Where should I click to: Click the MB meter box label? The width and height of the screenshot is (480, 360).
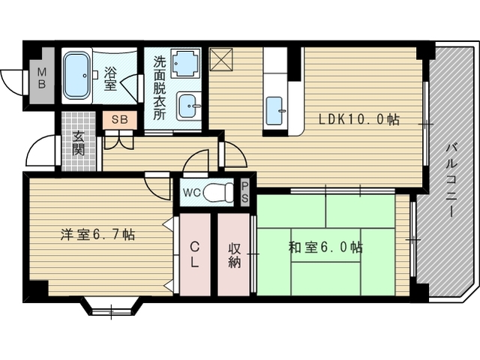click(42, 78)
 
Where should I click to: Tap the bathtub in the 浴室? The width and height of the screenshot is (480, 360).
click(76, 76)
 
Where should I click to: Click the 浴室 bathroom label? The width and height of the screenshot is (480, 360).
click(110, 79)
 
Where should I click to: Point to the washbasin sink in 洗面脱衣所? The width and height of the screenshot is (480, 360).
click(188, 106)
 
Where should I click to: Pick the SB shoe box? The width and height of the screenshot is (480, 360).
click(120, 120)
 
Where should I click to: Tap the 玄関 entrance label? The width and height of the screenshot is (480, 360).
click(78, 143)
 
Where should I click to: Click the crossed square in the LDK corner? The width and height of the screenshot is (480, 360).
click(221, 59)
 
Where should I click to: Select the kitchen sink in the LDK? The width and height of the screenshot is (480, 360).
click(274, 111)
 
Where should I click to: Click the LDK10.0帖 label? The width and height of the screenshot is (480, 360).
click(358, 119)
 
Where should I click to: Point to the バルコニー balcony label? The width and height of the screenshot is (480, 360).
click(451, 180)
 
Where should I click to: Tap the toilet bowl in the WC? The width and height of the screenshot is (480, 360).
click(218, 192)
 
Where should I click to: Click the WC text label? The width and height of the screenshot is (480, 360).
click(192, 193)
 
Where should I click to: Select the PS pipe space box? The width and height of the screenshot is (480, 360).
click(244, 193)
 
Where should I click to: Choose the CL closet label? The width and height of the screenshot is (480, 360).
click(195, 254)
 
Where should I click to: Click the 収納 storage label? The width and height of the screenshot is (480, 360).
click(234, 256)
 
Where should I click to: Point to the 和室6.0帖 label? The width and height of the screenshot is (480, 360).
click(325, 247)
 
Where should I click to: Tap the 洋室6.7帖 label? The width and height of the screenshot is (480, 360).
click(97, 235)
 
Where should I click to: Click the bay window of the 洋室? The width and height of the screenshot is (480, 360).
click(112, 307)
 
